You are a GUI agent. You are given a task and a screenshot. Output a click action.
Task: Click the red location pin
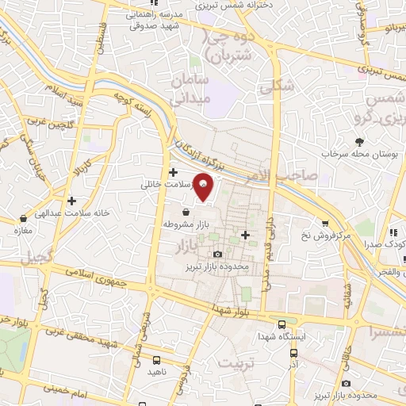coord(205,187)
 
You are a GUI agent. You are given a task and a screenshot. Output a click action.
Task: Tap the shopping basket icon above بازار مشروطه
coord(186,213)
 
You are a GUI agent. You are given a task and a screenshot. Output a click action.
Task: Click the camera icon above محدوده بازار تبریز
coord(217,254)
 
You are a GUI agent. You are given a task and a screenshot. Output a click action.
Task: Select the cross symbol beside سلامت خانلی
coord(173,172)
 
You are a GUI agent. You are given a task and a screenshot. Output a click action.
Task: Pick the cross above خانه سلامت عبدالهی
coord(72,201)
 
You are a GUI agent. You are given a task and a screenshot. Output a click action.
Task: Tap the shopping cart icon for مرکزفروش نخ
coord(324,224)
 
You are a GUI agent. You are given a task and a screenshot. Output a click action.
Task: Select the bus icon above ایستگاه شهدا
coord(282,324)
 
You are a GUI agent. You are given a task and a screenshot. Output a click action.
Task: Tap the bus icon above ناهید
coord(155,360)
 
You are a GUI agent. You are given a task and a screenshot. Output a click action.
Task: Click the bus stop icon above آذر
coord(294,353)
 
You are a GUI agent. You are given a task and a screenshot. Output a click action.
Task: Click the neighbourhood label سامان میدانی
coord(189,90)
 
